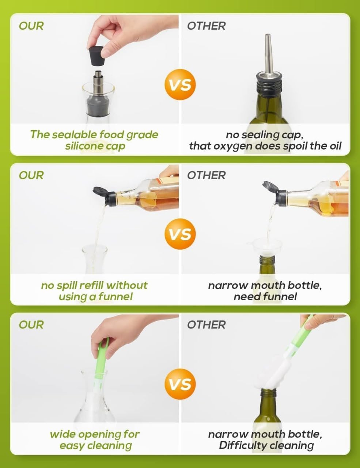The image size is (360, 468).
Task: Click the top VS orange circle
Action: (x=180, y=84)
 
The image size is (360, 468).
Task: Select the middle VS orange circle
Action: (x=180, y=234)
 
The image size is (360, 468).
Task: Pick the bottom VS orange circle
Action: (x=180, y=384)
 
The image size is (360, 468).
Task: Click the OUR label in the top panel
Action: (x=31, y=26)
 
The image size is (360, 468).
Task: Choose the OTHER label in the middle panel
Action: (x=206, y=175)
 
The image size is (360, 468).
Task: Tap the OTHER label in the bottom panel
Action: (x=206, y=325)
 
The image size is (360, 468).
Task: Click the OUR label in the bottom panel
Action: (x=31, y=325)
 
